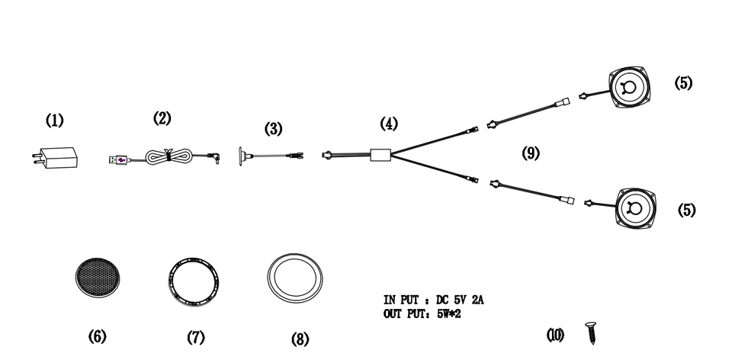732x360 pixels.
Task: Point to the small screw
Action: pos(589,333)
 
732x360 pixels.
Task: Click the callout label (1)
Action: pos(54,120)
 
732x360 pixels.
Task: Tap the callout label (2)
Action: pos(162,117)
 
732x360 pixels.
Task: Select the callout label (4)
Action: pos(389,123)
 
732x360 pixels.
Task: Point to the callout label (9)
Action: pos(531,153)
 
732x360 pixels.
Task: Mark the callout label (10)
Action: pos(556,334)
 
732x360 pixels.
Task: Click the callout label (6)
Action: pos(97,336)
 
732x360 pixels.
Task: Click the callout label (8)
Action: pos(300,339)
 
